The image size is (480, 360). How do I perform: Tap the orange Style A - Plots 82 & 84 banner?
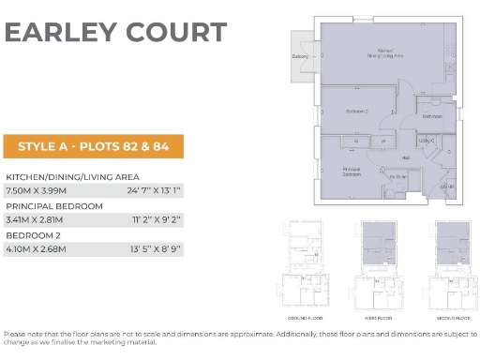pos(94,146)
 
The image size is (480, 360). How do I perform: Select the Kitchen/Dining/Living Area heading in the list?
pos(72,176)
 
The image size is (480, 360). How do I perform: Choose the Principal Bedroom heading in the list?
pos(54,205)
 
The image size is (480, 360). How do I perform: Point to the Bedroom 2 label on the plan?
pos(357,111)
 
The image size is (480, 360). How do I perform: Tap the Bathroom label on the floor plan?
pos(432,116)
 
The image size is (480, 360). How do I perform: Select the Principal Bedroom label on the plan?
pos(352,172)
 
